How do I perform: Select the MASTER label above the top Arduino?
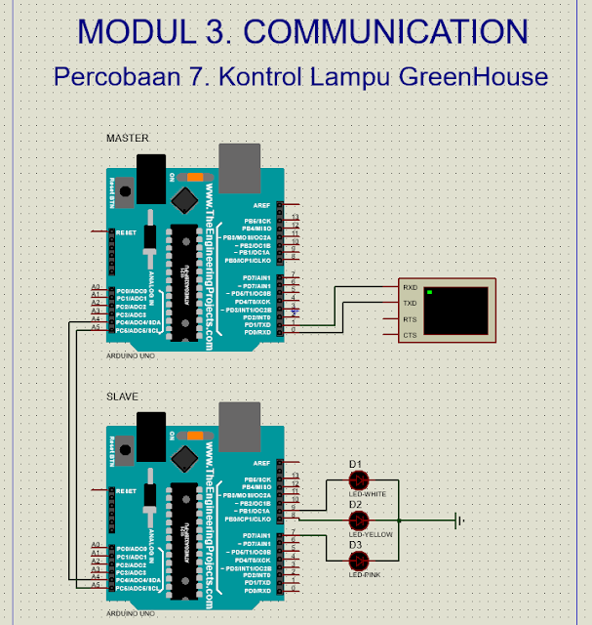point(128,139)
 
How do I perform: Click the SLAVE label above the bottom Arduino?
point(122,396)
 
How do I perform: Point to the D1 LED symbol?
point(359,479)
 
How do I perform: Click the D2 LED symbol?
point(359,520)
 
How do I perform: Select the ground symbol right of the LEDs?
point(457,520)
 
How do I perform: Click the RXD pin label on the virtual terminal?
point(410,288)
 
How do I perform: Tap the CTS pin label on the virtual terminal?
point(410,335)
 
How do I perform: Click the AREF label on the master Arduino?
point(261,206)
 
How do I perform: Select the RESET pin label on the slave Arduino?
point(126,490)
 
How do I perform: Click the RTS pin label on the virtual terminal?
point(410,319)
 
